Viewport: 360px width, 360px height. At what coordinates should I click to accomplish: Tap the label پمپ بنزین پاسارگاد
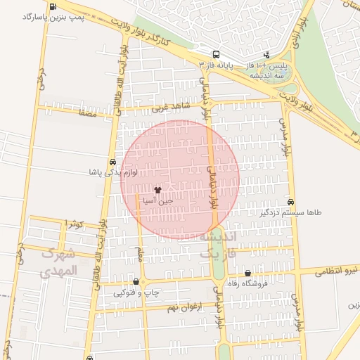(x=53, y=17)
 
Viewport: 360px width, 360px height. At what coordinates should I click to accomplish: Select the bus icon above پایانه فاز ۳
(x=215, y=54)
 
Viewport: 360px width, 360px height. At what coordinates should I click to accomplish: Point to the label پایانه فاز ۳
(x=215, y=64)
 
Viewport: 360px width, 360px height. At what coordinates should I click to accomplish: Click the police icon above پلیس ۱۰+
(x=266, y=54)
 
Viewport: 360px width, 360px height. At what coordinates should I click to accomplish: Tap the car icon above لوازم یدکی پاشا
(x=113, y=161)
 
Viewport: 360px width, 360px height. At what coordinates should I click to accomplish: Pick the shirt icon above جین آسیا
(x=157, y=190)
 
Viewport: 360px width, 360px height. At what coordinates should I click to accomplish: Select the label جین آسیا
(x=157, y=200)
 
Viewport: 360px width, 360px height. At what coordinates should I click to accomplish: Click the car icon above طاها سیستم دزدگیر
(x=291, y=201)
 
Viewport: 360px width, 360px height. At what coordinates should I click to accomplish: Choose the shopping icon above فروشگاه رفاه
(x=247, y=274)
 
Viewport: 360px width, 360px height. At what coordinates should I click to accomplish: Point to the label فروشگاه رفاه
(x=247, y=284)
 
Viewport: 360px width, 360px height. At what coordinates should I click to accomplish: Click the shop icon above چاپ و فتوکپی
(x=136, y=281)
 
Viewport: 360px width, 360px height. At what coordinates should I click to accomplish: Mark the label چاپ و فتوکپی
(x=136, y=292)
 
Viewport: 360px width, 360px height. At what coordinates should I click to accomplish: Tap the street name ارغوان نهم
(x=185, y=307)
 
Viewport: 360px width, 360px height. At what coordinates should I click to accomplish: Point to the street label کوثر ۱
(x=74, y=224)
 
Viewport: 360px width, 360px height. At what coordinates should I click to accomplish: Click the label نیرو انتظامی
(x=335, y=270)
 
